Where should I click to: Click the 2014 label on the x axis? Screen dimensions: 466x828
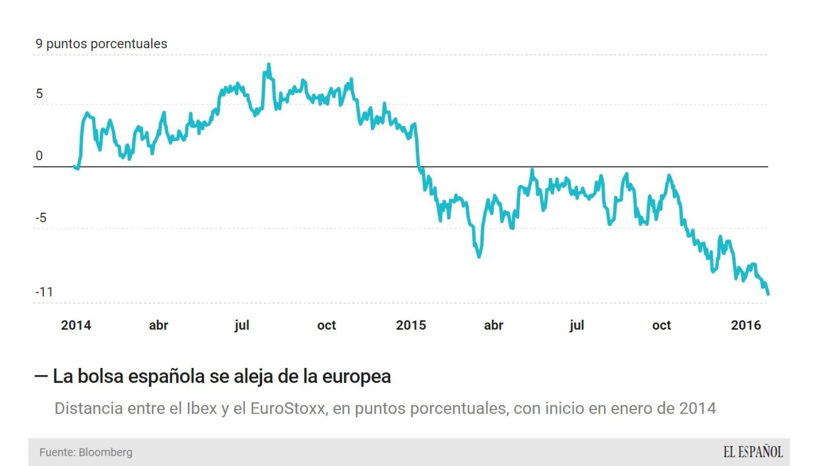click(x=76, y=325)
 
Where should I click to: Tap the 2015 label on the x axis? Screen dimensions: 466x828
click(x=411, y=325)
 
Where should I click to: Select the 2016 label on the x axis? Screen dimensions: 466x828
click(x=745, y=325)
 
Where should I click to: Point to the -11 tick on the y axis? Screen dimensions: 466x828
click(x=44, y=292)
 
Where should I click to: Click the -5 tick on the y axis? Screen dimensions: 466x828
click(x=41, y=218)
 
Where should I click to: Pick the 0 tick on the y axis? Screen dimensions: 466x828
click(x=39, y=156)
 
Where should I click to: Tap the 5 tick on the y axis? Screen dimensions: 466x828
click(x=39, y=94)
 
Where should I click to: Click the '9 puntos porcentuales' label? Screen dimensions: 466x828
click(x=101, y=44)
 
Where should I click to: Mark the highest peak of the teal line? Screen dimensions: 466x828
click(x=269, y=65)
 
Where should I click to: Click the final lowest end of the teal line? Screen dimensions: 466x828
click(x=768, y=294)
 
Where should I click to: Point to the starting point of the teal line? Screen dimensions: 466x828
click(x=74, y=167)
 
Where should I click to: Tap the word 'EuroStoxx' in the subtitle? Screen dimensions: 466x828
click(x=287, y=409)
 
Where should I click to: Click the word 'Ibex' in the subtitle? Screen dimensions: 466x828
click(x=201, y=409)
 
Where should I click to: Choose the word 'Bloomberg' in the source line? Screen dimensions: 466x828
click(x=105, y=452)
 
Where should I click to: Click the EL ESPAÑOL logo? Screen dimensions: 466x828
click(x=753, y=452)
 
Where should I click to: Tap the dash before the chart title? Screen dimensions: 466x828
click(x=41, y=376)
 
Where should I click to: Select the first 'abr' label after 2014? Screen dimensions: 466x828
click(x=158, y=325)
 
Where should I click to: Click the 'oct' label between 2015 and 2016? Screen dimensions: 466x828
click(x=661, y=325)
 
